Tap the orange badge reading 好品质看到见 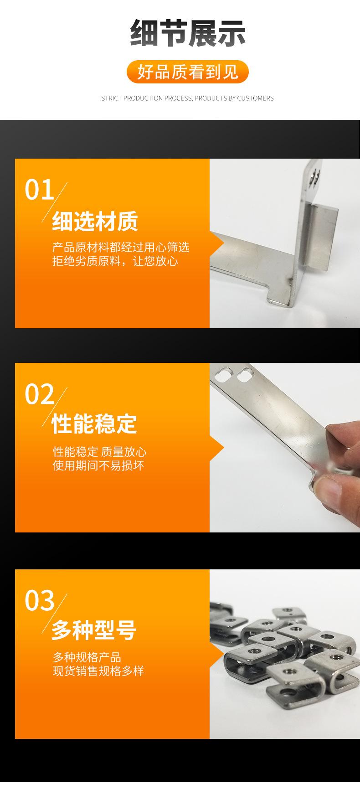tap(187, 72)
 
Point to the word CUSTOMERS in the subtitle tap(255, 98)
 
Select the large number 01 tap(39, 190)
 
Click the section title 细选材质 tap(95, 222)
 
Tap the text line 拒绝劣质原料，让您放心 tap(115, 261)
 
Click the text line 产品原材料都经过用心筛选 tap(121, 248)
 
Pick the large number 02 tap(39, 395)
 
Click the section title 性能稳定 tap(94, 424)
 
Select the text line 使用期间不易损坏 tap(98, 465)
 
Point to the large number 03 tap(39, 600)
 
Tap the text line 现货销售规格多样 tap(98, 671)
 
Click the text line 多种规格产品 tap(87, 657)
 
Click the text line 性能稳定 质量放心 tap(100, 452)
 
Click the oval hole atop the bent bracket tap(314, 177)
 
